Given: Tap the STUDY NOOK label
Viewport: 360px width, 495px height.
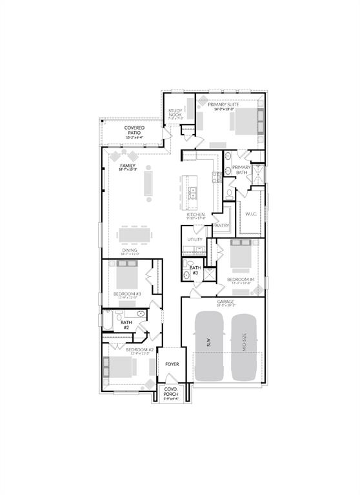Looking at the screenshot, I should click(x=175, y=113).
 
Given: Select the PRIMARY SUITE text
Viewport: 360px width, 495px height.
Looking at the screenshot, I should click(x=223, y=104).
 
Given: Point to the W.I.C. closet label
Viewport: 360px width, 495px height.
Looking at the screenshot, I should click(x=251, y=213).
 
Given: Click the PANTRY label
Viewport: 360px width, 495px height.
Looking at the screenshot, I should click(x=221, y=226).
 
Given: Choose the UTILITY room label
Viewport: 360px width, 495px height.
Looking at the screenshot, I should click(x=195, y=239).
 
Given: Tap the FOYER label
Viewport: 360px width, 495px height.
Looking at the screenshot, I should click(x=172, y=364).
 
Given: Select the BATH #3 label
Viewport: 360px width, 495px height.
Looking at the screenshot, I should click(x=195, y=269).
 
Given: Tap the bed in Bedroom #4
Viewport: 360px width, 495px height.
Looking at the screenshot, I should click(x=241, y=255).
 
